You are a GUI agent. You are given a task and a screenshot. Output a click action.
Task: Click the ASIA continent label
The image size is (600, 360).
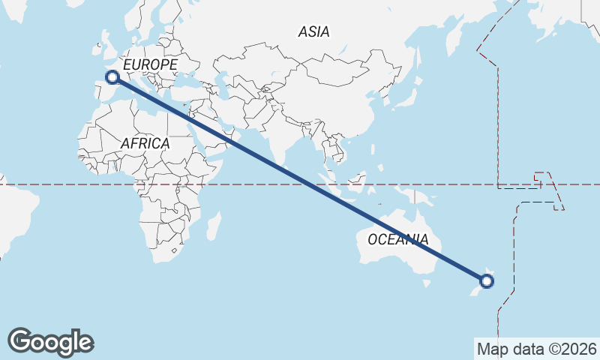click(313, 31)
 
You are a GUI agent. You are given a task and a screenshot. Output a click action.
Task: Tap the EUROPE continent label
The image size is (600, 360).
click(150, 65)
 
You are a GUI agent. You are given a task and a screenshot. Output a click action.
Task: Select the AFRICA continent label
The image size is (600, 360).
click(145, 142)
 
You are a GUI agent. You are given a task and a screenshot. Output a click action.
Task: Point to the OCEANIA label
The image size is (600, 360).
click(398, 240)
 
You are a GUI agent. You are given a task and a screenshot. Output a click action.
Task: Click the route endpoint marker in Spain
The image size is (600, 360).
click(112, 76)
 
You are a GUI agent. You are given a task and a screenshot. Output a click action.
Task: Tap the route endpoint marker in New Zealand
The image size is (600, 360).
click(487, 281)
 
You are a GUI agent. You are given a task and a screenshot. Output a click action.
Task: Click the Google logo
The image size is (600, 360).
click(50, 342)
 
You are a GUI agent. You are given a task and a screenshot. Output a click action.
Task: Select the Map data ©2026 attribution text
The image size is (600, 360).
click(537, 349)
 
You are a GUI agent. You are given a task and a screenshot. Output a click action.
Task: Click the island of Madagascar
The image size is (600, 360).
click(214, 224)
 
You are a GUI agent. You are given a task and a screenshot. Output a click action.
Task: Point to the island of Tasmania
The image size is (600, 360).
click(427, 283)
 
